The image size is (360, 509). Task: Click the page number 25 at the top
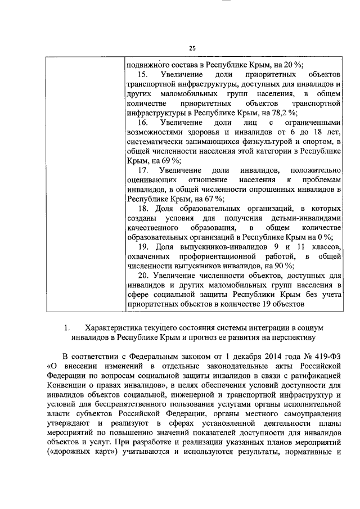point(192,48)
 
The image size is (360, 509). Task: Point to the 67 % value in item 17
point(214,198)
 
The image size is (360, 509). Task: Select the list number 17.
point(142,170)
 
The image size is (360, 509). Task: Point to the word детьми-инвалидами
point(313,218)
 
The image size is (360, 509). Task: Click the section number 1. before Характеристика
point(66,327)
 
